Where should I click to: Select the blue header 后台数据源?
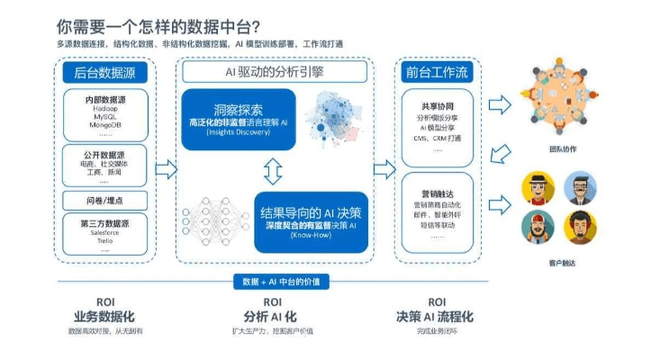point(106,73)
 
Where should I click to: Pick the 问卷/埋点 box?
point(106,200)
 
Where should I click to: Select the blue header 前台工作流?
point(439,73)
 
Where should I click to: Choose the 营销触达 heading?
point(439,192)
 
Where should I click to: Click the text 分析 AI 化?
point(272,317)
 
